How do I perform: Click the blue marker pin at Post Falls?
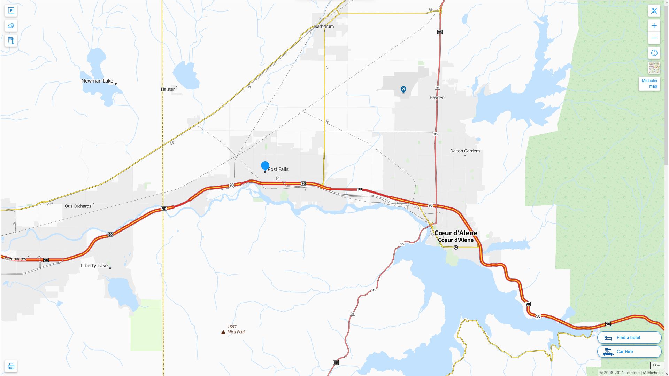click(265, 166)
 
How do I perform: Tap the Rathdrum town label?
click(324, 26)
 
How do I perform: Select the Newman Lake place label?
click(97, 81)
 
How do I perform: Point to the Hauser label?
click(168, 89)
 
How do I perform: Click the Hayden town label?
click(437, 97)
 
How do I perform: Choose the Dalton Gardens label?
click(465, 151)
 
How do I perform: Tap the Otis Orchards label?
click(78, 206)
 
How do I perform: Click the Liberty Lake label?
click(94, 266)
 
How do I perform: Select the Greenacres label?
click(15, 259)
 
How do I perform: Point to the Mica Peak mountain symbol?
click(223, 332)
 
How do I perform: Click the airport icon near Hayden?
click(403, 89)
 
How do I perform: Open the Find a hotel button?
click(629, 338)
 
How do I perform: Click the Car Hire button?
click(629, 352)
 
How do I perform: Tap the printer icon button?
click(11, 366)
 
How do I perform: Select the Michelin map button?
click(649, 84)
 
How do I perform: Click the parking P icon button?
click(11, 11)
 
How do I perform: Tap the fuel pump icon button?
click(11, 40)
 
